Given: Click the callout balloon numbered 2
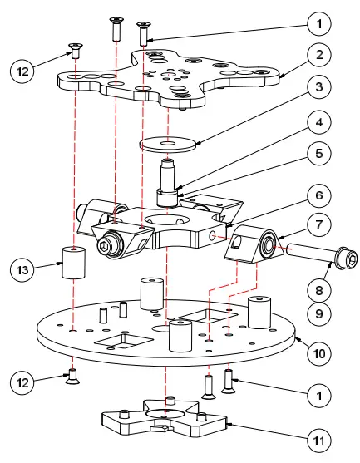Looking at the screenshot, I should [318, 55].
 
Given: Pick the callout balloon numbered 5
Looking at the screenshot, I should [318, 155].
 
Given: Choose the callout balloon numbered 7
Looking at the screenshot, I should [318, 225].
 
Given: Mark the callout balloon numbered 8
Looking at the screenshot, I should [318, 290].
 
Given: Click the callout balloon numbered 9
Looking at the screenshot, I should [318, 314].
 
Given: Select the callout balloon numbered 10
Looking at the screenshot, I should [318, 353].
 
